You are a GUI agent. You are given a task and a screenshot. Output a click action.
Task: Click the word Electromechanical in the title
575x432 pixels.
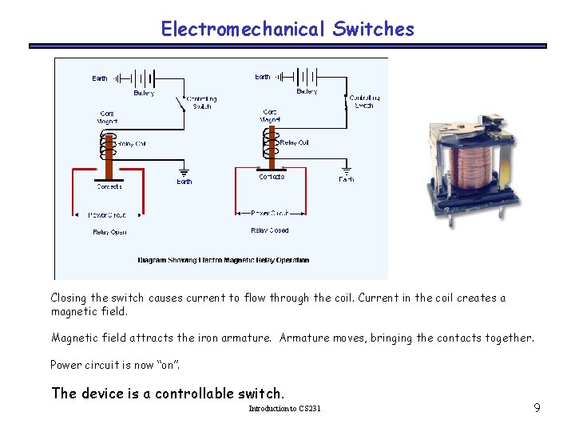point(244,30)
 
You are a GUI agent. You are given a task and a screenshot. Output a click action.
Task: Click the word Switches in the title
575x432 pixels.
point(374,30)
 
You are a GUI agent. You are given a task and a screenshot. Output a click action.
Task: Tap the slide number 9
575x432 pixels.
point(537,409)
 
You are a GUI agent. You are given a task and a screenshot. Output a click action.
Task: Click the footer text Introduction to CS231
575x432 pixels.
point(284,409)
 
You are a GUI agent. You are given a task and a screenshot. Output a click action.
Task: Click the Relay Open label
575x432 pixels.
point(109,232)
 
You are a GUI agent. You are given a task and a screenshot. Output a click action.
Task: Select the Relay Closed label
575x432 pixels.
point(270,230)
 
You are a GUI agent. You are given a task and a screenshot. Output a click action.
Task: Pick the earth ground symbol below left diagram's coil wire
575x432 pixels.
point(184,171)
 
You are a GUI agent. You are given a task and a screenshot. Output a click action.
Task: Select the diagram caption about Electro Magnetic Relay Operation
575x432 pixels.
point(223,260)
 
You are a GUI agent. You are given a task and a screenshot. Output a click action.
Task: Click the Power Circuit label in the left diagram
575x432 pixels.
point(107,215)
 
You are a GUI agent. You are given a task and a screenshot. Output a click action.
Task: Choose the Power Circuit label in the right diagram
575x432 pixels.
point(270,214)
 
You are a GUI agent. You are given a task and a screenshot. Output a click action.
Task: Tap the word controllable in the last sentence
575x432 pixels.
point(194,393)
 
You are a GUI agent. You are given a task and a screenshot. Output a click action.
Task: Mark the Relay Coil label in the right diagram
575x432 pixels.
point(294,142)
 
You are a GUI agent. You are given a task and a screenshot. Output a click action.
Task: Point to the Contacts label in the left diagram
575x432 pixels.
point(109,186)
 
